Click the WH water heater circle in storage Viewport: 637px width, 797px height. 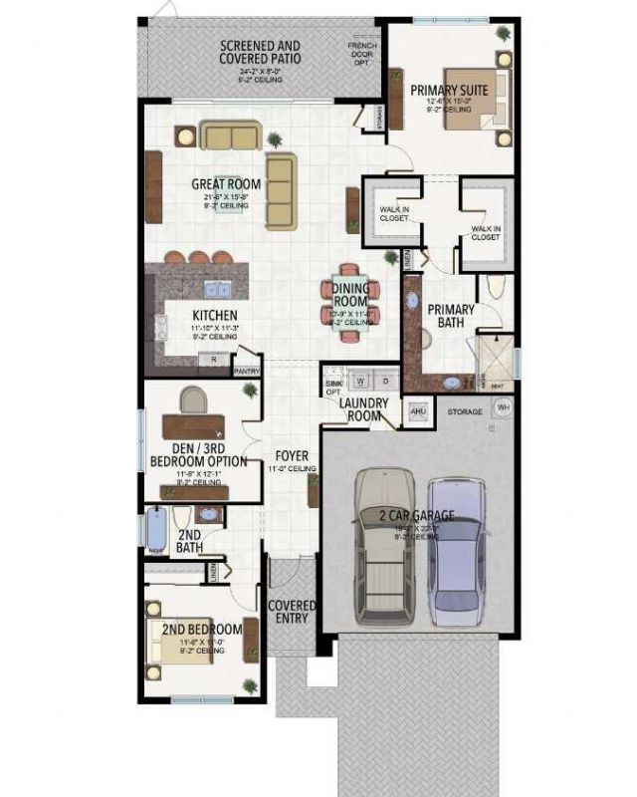pos(503,407)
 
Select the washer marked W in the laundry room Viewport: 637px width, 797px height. pos(361,381)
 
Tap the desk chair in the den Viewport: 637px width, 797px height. pos(193,402)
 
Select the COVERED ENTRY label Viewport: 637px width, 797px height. pos(292,612)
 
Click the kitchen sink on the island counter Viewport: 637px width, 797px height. pos(214,290)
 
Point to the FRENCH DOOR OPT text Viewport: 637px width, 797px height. pos(362,53)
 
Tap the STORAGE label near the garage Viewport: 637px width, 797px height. pos(464,410)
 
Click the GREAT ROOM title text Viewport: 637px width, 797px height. pos(227,184)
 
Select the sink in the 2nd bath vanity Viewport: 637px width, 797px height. pos(209,515)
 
